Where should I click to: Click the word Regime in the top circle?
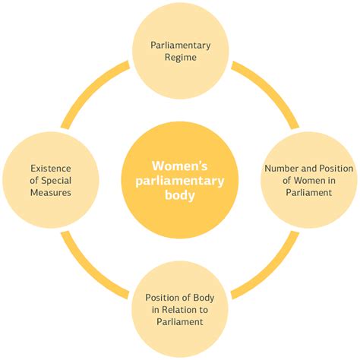pyautogui.click(x=180, y=58)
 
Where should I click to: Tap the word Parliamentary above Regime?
pyautogui.click(x=180, y=45)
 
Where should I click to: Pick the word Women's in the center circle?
pyautogui.click(x=179, y=166)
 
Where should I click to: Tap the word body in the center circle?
pyautogui.click(x=179, y=194)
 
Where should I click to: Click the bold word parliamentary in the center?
pyautogui.click(x=179, y=181)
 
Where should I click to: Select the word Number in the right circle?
pyautogui.click(x=283, y=168)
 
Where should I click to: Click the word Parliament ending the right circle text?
pyautogui.click(x=308, y=194)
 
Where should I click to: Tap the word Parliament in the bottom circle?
pyautogui.click(x=180, y=322)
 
